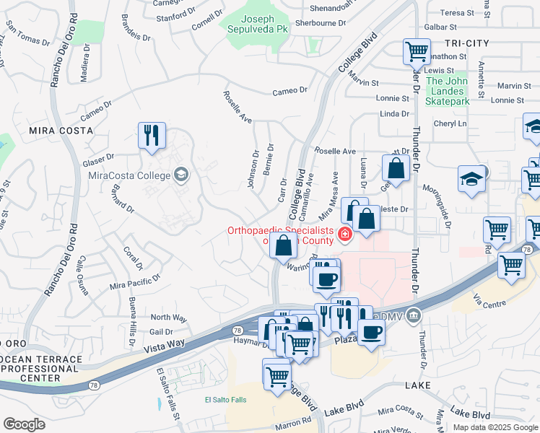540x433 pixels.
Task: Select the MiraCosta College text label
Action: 129,175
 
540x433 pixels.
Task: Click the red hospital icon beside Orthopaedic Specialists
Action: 345,233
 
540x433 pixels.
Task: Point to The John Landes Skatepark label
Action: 448,91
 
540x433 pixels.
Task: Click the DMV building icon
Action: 413,314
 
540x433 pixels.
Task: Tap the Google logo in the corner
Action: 24,424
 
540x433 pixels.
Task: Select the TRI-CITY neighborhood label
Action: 463,43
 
